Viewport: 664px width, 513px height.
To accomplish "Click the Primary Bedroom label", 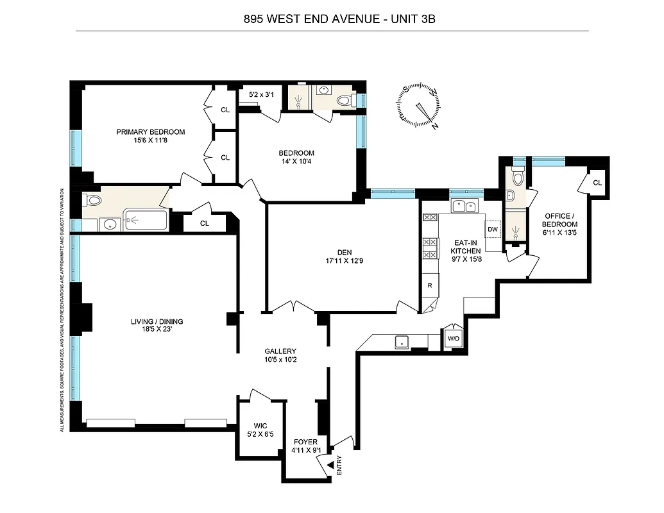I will [150, 132].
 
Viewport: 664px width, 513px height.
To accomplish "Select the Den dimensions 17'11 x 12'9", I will [341, 260].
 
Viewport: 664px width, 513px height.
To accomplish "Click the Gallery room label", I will [280, 351].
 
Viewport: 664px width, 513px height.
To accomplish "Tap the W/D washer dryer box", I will [453, 339].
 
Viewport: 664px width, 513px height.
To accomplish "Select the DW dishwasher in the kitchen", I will [493, 230].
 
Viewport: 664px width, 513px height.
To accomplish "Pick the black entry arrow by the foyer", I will [331, 464].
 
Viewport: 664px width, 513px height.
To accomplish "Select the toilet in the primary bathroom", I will [93, 201].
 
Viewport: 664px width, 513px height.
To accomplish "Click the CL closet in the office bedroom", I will [597, 182].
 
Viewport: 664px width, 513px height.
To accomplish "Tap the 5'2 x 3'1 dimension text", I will [261, 96].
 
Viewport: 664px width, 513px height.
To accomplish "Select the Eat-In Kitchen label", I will [464, 248].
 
